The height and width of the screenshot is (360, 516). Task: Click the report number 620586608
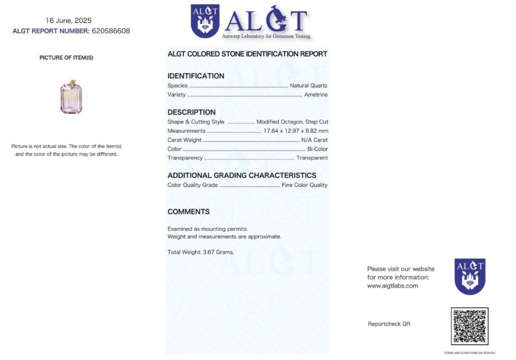[x=110, y=31]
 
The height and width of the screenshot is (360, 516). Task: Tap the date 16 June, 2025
[x=69, y=21]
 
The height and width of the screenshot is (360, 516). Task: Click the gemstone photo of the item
[x=71, y=97]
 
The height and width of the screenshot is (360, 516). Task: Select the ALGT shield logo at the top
[x=205, y=21]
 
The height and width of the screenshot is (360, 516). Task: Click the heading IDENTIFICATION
[x=196, y=76]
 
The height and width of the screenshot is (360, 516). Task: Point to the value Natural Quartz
[x=309, y=86]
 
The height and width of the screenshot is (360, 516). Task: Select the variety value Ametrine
[x=316, y=95]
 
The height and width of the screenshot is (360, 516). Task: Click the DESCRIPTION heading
[x=191, y=112]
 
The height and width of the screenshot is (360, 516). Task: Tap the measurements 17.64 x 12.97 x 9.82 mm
[x=296, y=131]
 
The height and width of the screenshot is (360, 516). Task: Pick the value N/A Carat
[x=314, y=140]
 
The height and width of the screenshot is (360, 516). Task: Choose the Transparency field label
[x=185, y=158]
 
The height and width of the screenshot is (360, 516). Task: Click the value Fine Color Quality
[x=304, y=185]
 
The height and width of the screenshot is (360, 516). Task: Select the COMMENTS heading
[x=188, y=212]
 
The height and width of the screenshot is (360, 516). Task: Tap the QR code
[x=469, y=326]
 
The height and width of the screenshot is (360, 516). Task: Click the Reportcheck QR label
[x=389, y=324]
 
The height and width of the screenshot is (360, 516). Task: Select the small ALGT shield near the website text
[x=470, y=276]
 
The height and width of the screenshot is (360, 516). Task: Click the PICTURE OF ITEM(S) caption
[x=66, y=58]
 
